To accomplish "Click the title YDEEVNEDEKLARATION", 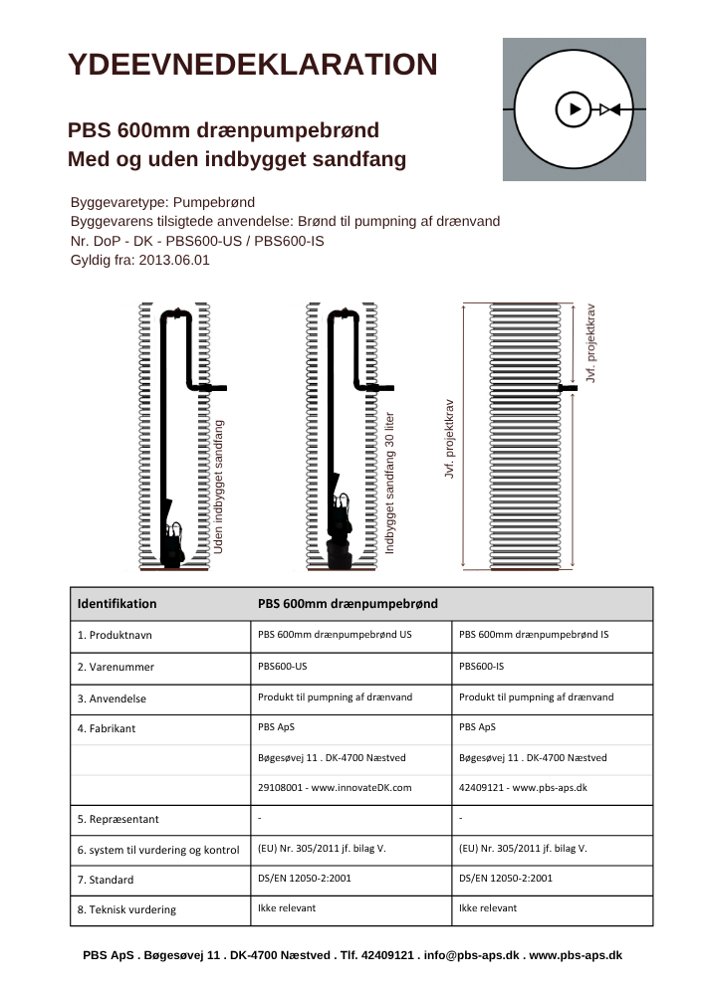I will (x=252, y=65).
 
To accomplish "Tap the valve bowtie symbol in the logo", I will (x=610, y=108).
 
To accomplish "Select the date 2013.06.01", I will (x=175, y=260).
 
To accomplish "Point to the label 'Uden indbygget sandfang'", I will (x=219, y=487).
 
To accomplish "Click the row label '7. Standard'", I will (x=106, y=880).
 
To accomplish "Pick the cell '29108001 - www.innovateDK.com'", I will (x=335, y=787).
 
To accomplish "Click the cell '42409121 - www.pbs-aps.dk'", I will (x=523, y=787).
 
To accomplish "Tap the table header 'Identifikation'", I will (x=117, y=603).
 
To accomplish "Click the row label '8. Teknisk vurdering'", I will (x=126, y=909).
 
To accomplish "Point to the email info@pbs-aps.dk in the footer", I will (x=471, y=954).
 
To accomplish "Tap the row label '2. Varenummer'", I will (x=116, y=667).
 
